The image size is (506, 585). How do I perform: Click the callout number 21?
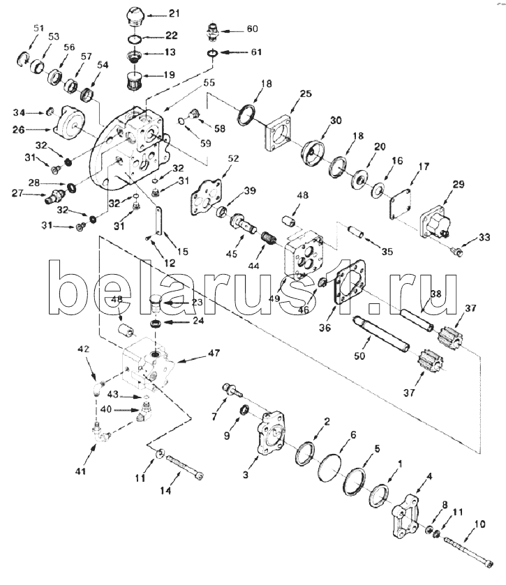point(174,13)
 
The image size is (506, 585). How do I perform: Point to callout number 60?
point(253,29)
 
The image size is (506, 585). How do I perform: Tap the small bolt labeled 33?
point(456,252)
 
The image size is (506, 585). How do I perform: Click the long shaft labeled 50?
point(381,334)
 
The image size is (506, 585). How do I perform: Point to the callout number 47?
point(214,353)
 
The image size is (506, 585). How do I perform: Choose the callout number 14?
point(165,491)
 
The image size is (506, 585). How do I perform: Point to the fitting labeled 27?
point(55,195)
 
